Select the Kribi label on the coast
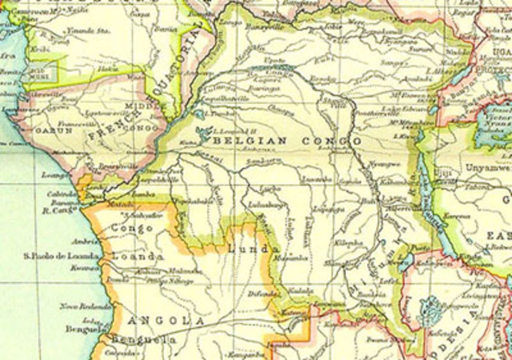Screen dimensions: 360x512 click(x=31, y=49)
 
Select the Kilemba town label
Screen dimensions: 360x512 click(x=349, y=242)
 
